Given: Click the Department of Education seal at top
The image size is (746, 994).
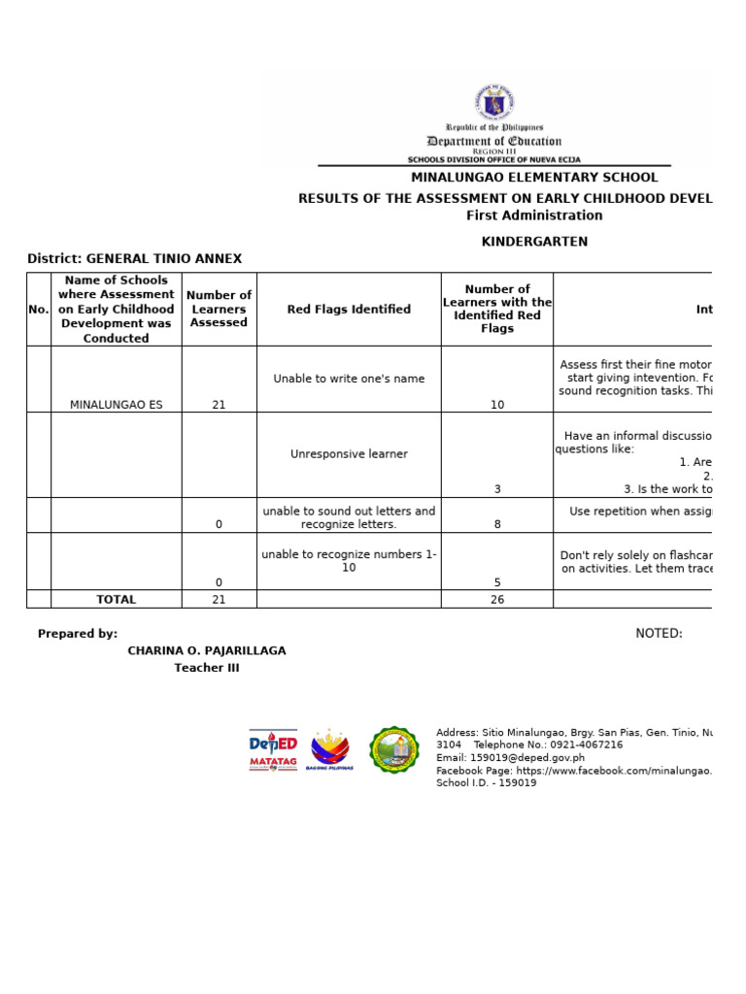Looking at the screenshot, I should [x=494, y=102].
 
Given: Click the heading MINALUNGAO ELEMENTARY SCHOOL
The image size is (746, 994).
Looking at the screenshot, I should [x=534, y=178].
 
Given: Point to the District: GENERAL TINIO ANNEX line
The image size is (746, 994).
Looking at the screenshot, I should [x=134, y=258].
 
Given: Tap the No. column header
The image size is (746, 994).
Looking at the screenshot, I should [x=39, y=310].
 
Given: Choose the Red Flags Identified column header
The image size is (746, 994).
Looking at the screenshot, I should [x=349, y=310].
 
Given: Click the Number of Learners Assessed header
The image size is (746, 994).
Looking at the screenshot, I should [x=219, y=309].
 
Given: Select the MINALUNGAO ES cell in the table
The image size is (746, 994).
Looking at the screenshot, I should [x=117, y=405].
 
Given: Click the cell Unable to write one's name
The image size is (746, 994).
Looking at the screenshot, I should [x=349, y=379].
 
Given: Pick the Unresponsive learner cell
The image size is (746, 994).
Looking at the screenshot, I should [x=349, y=454].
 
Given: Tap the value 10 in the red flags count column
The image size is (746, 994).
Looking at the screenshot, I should [x=497, y=405].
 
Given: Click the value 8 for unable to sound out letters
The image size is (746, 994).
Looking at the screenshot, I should [x=497, y=524].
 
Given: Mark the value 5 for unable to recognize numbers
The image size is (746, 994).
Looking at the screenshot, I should [x=497, y=582].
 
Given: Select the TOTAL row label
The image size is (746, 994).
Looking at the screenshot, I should [x=117, y=600].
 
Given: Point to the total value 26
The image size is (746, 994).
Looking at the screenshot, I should [x=497, y=600].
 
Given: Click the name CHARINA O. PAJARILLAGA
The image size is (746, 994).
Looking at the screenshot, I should [x=207, y=650].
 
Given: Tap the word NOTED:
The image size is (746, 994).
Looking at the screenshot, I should [x=659, y=634].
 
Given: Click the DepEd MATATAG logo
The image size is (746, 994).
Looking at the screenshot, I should [x=273, y=750].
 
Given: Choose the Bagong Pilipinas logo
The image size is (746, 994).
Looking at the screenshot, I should [x=330, y=750].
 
